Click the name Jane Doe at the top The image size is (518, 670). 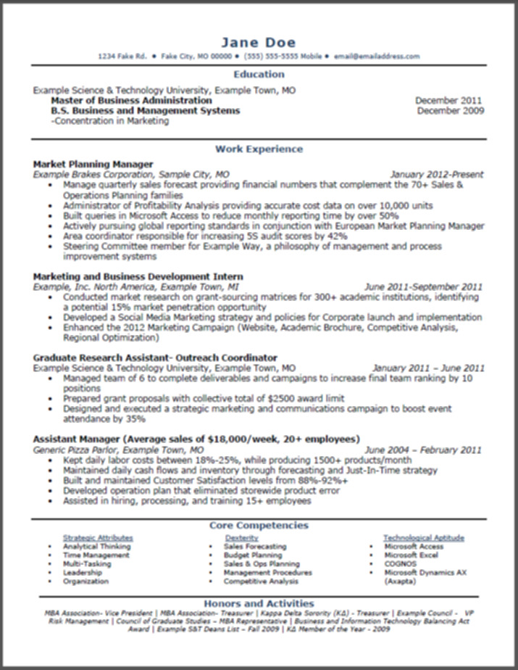pos(259,42)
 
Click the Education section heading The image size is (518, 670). pos(259,74)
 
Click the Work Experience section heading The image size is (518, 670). pos(259,149)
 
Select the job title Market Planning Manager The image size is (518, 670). pos(93,164)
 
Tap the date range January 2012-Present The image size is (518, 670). pos(436,175)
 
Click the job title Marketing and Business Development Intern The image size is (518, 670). pos(138,277)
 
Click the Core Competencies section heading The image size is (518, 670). pos(259,525)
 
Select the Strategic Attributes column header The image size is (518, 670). pos(98,538)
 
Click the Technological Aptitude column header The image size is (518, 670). pos(424,538)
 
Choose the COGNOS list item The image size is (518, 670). pos(400,563)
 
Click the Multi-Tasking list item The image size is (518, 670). pos(87,563)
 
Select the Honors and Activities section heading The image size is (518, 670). pos(259,603)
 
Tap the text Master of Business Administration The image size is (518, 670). pos(131,101)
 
